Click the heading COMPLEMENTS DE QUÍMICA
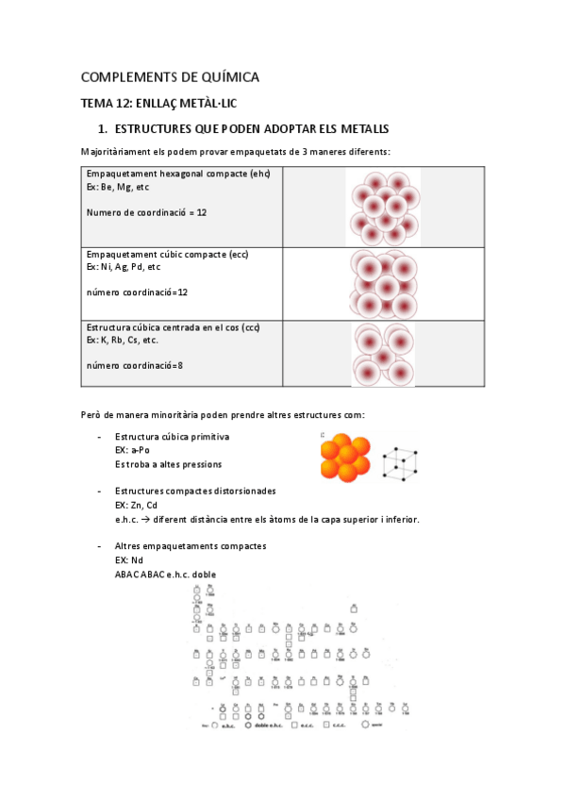(170, 76)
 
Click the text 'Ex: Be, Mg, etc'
(118, 188)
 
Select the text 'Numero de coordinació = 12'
(146, 212)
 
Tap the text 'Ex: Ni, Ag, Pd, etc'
(124, 267)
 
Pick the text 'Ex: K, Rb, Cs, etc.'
(123, 340)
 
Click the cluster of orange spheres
(344, 460)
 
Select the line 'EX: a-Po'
(132, 450)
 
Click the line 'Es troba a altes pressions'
(168, 464)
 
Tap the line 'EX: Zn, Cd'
(136, 505)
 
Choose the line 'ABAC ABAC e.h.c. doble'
(171, 574)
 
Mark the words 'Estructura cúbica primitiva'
(172, 437)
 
